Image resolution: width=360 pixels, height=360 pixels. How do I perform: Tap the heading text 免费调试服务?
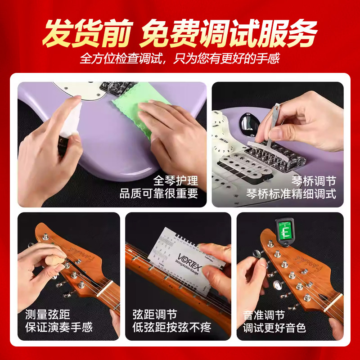pyautogui.click(x=229, y=34)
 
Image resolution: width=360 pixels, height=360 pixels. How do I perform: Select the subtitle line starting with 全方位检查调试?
pyautogui.click(x=180, y=59)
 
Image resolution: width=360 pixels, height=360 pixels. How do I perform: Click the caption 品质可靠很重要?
pyautogui.click(x=159, y=194)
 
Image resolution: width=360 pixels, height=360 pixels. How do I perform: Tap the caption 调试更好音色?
pyautogui.click(x=274, y=327)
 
